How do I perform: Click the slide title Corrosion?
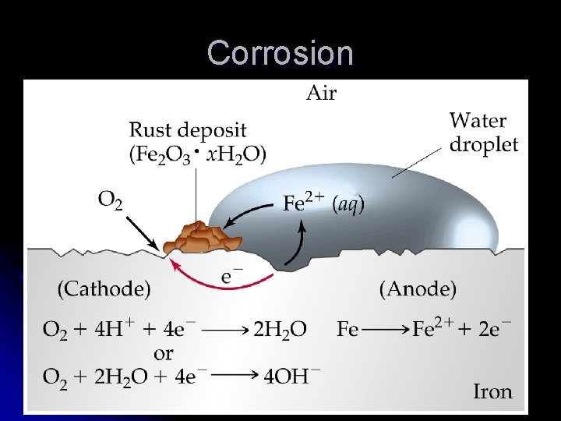point(280,53)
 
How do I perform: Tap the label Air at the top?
point(320,94)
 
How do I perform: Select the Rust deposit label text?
point(187,129)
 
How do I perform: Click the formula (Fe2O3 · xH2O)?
point(197,154)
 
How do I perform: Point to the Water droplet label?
point(483,133)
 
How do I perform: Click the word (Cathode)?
point(104,289)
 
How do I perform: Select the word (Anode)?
point(418,289)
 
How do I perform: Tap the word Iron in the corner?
point(492,391)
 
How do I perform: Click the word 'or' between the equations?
point(164,352)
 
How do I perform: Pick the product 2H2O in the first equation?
point(279,330)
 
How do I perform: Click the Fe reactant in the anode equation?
point(348,330)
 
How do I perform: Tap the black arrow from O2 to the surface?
point(145,231)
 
